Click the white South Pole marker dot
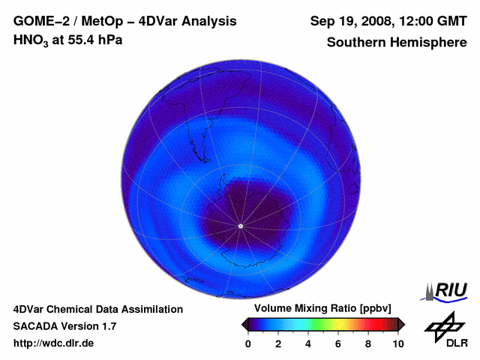coord(240,226)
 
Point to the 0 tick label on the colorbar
coord(248,343)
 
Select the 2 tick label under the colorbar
coord(278,343)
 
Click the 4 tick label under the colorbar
coord(308,343)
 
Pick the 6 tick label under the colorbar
coord(338,343)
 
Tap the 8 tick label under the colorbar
coord(368,343)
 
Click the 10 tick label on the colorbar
coord(397,343)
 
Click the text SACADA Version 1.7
coord(64,326)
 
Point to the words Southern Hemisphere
coord(397,43)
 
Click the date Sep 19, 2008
coord(349,22)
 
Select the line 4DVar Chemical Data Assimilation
coord(97,309)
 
